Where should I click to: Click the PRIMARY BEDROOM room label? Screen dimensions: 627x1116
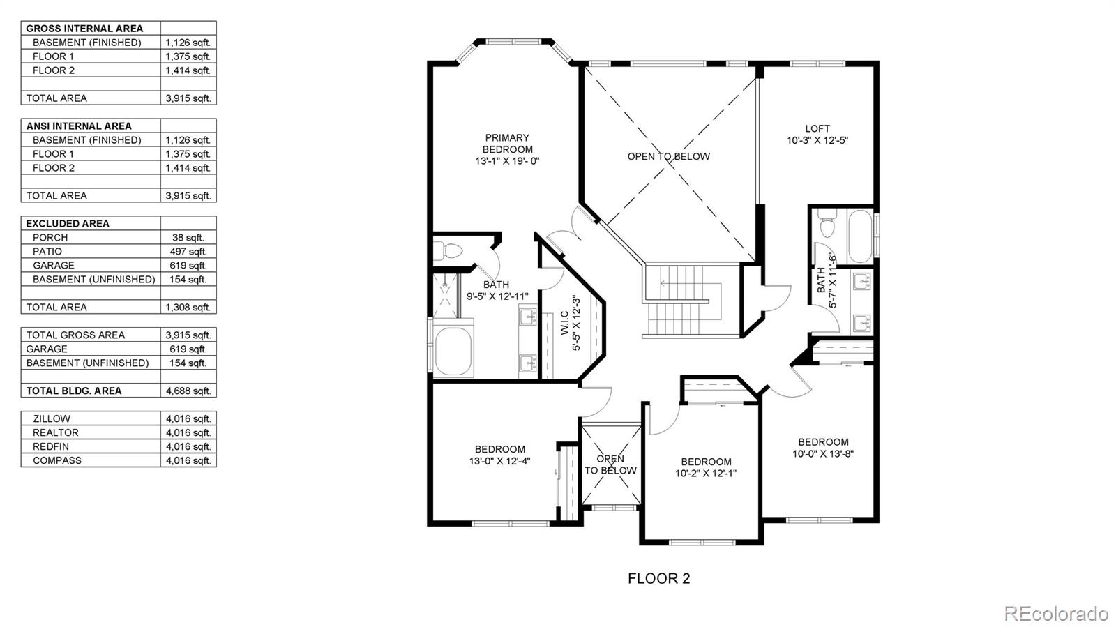[507, 144]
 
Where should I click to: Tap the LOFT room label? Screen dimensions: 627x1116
[817, 128]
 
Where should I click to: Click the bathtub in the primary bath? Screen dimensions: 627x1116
[454, 349]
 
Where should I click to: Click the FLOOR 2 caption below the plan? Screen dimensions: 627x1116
[658, 578]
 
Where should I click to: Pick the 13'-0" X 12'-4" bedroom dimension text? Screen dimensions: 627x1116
[499, 461]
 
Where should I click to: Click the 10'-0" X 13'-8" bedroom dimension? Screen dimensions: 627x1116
[823, 453]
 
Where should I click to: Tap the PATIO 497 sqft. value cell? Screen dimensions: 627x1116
[188, 251]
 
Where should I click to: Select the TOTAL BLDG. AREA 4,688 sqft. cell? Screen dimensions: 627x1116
[188, 391]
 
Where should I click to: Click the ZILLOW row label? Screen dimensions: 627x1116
[52, 418]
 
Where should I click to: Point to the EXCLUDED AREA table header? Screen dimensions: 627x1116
[68, 223]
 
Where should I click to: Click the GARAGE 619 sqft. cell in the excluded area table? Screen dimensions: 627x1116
[188, 265]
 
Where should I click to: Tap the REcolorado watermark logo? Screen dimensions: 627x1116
[1055, 613]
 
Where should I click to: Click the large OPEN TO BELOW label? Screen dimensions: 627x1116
[668, 156]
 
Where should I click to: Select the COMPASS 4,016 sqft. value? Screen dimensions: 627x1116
[188, 460]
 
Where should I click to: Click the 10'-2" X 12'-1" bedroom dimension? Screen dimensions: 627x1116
[706, 473]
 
